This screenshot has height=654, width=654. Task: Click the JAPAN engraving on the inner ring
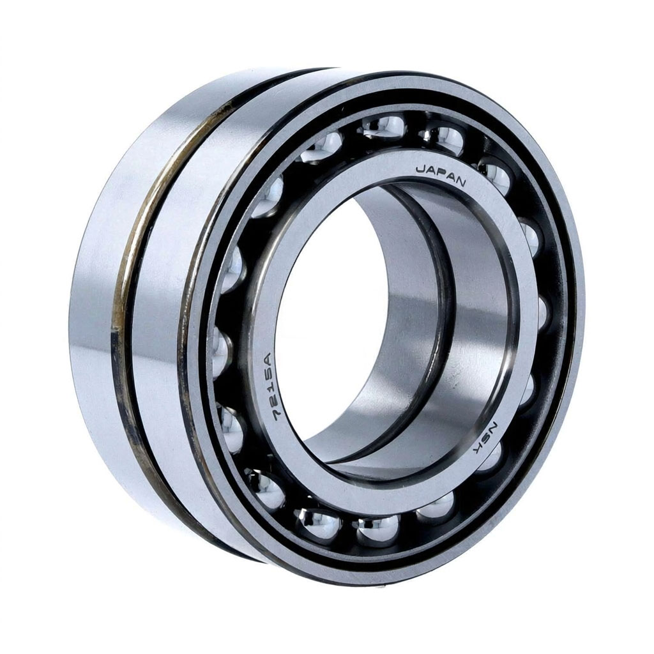[441, 175]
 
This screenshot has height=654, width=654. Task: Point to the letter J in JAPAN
[420, 169]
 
